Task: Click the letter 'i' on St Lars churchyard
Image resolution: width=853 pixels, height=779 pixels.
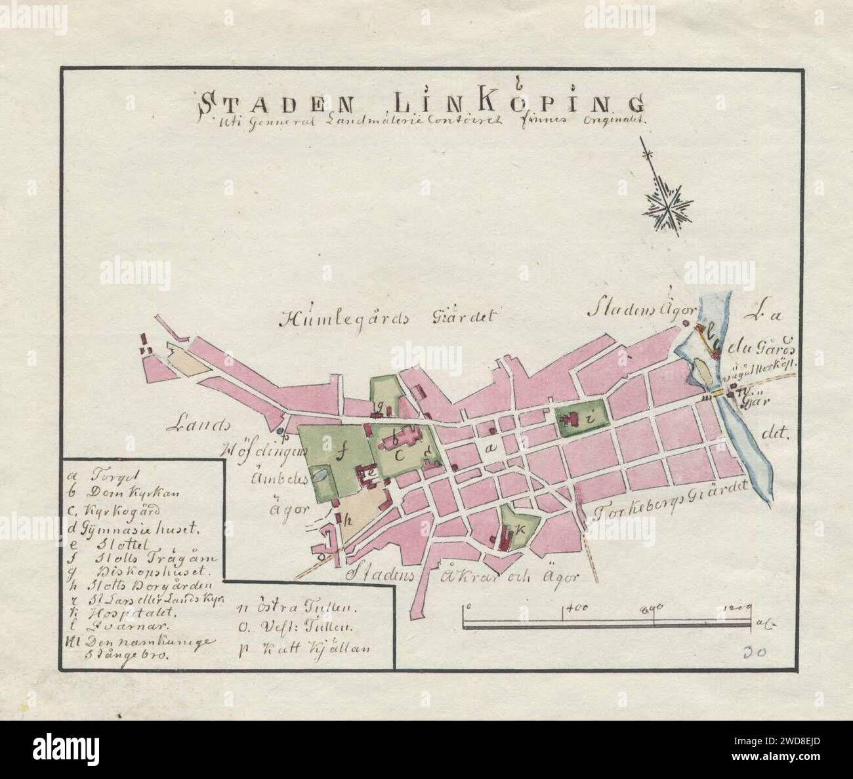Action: [x=590, y=416]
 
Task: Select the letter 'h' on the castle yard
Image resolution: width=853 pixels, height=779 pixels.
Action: [x=348, y=517]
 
